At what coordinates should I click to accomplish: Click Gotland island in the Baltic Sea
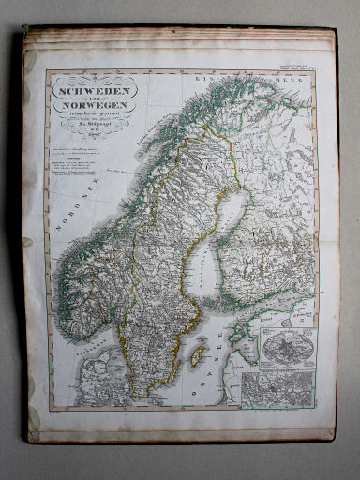tap(197, 355)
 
